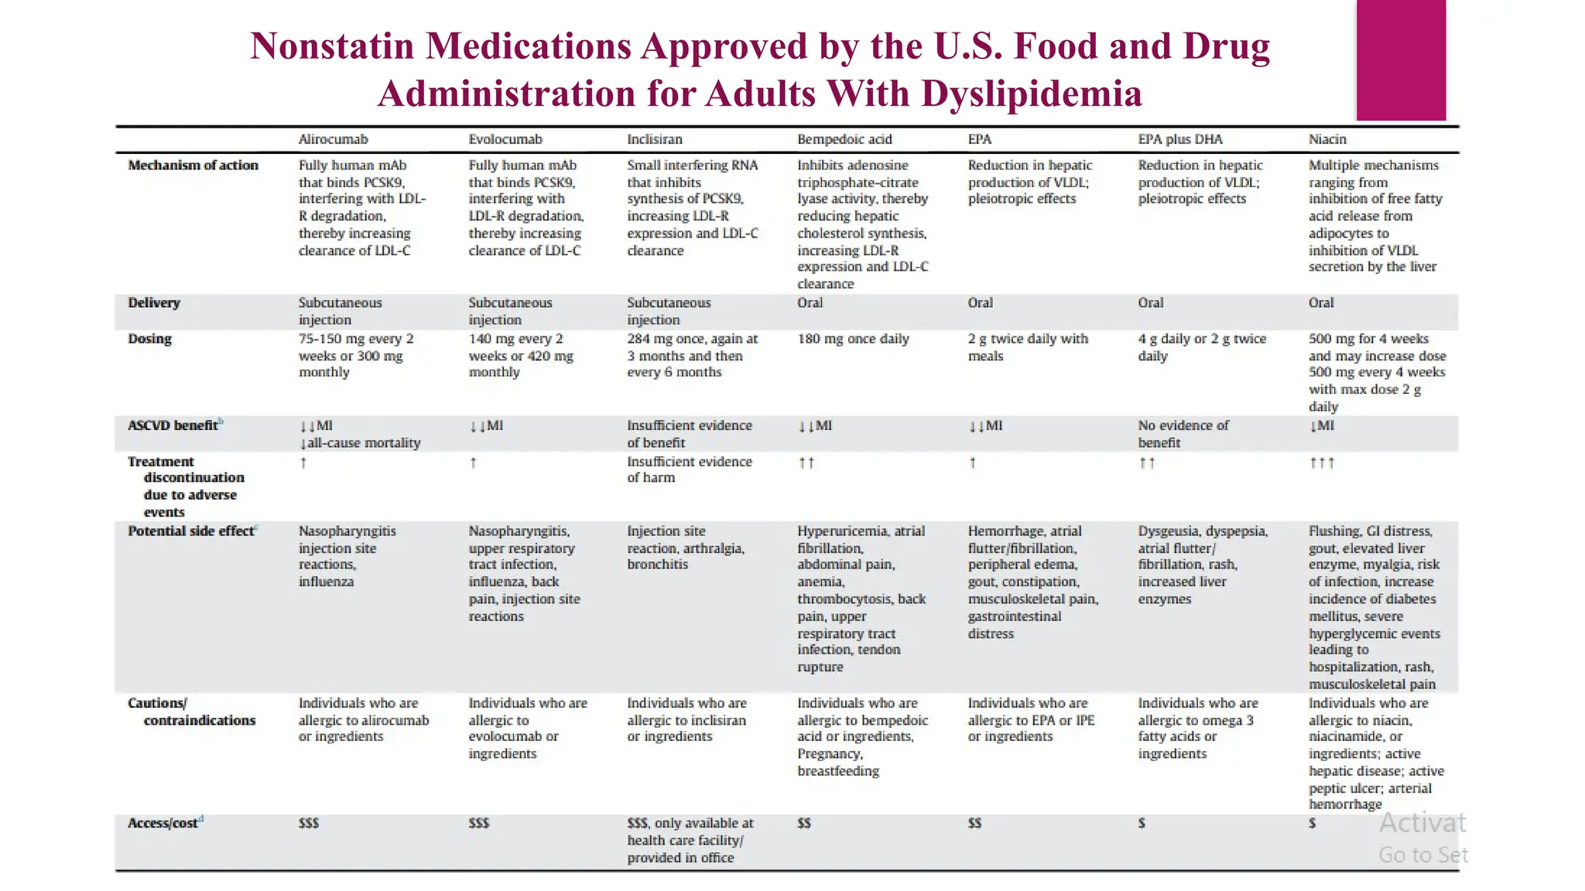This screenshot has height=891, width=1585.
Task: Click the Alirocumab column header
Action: tap(333, 139)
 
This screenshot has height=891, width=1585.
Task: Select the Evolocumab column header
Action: tap(505, 139)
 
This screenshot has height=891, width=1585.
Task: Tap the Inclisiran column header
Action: tap(654, 139)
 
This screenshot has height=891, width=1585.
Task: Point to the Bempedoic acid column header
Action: tap(844, 139)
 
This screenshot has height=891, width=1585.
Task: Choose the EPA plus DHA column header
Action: tap(1179, 139)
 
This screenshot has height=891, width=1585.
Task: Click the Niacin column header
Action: tap(1327, 139)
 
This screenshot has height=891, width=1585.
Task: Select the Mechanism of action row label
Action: tap(193, 165)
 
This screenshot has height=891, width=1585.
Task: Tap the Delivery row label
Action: tap(153, 302)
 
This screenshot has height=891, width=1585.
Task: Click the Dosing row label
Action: tap(149, 339)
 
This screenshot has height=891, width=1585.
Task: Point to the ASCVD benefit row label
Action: tap(173, 425)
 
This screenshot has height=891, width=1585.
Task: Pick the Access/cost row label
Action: tap(163, 823)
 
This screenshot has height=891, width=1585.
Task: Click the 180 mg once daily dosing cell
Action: tap(853, 339)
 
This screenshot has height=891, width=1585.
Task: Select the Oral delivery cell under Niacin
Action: tap(1321, 302)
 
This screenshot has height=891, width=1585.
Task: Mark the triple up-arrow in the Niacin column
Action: tap(1321, 463)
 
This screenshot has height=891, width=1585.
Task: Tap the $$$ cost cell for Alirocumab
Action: tap(308, 823)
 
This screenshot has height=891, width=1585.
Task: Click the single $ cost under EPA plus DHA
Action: tap(1142, 823)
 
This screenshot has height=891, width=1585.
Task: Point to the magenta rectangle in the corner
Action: tap(1401, 60)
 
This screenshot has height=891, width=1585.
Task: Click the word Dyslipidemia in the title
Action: tap(1031, 94)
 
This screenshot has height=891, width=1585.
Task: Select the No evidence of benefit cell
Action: tap(1183, 434)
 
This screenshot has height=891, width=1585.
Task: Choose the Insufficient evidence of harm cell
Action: tap(689, 469)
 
